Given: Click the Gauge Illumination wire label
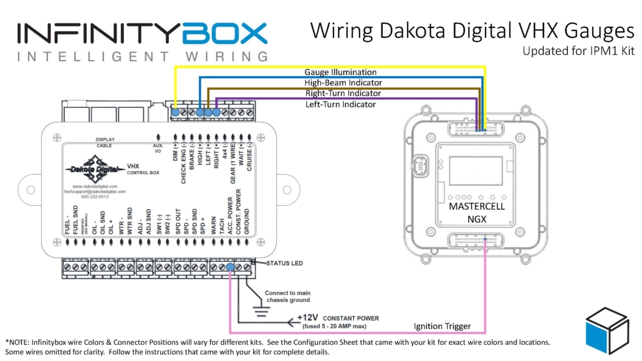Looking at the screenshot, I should [x=340, y=72].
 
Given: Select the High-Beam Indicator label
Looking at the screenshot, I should [x=343, y=82].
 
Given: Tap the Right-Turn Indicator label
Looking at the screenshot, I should [x=343, y=93].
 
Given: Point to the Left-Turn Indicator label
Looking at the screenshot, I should [x=340, y=104].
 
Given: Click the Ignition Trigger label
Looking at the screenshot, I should [x=442, y=326].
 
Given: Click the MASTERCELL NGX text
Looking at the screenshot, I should [x=477, y=212].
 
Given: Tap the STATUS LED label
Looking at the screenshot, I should [x=284, y=263].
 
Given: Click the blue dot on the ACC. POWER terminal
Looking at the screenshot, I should [x=230, y=268].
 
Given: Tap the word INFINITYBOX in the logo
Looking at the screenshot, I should [x=143, y=33].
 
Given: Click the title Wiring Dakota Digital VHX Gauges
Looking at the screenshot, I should [x=472, y=31].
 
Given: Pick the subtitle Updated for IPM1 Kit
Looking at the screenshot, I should [x=578, y=51].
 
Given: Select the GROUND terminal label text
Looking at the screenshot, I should [x=247, y=221].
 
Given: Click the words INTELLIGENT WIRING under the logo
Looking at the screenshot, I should [x=143, y=57].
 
